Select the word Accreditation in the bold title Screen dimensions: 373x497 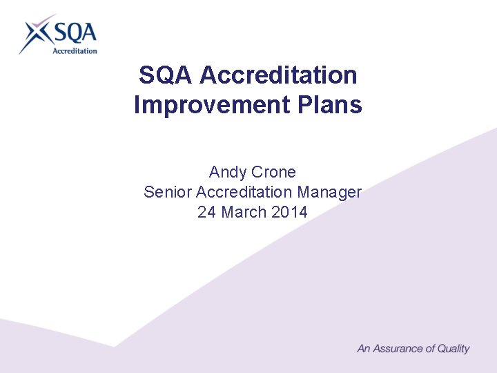[x=278, y=75]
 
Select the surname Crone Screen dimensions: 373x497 [x=273, y=171]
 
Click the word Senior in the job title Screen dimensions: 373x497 [x=168, y=192]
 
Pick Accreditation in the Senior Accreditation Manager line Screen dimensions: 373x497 [x=244, y=192]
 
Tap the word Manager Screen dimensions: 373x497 [x=329, y=192]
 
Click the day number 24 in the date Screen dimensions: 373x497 [x=206, y=212]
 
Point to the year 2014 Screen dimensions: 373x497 [x=289, y=212]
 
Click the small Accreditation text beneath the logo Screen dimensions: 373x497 [x=75, y=50]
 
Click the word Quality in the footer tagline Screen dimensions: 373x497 [x=453, y=349]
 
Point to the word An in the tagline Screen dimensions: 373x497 [x=364, y=349]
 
